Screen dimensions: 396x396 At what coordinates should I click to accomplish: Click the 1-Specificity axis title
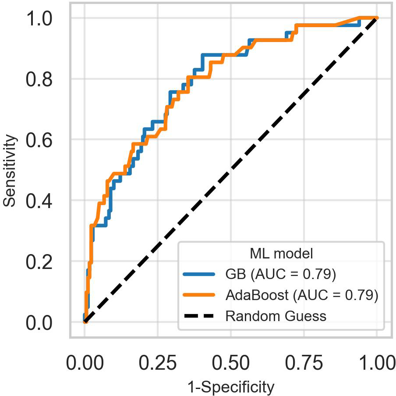click(230, 387)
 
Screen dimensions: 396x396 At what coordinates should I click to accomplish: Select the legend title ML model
click(281, 253)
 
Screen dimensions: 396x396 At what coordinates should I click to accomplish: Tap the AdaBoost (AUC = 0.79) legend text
click(301, 295)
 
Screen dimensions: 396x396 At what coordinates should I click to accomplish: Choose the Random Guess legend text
click(276, 316)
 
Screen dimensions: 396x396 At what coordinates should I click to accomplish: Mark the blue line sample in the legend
click(199, 274)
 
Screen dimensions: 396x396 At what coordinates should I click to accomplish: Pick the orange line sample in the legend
click(199, 295)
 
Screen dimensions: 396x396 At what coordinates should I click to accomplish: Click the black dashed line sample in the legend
click(199, 316)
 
